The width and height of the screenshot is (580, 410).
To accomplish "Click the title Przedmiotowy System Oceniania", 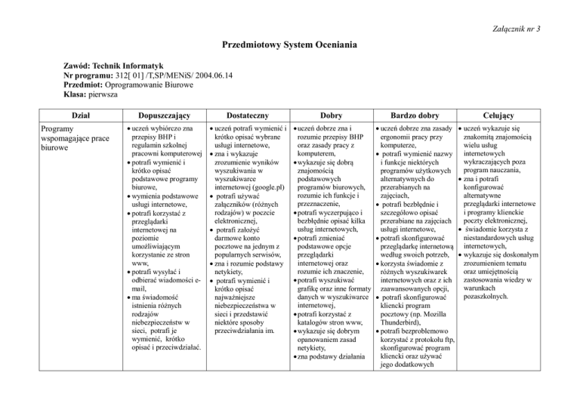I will pos(289,45).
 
